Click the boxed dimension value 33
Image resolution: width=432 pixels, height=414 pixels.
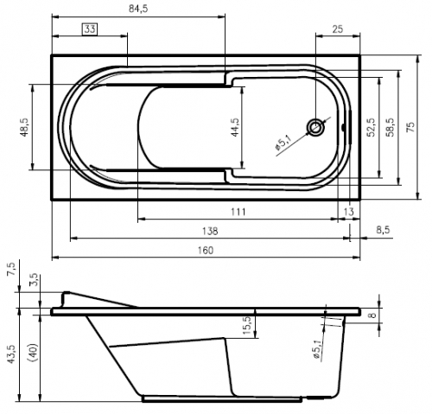point(90,29)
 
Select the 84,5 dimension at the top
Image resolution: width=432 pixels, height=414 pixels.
point(138,9)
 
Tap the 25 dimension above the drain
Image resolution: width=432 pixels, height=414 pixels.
point(338,29)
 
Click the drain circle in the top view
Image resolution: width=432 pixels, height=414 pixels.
point(316,127)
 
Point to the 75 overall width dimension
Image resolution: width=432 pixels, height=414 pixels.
point(410,127)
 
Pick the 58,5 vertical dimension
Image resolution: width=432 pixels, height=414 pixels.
point(391,127)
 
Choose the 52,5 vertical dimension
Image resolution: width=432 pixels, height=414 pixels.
point(371,127)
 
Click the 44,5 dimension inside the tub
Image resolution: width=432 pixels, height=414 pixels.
point(235,127)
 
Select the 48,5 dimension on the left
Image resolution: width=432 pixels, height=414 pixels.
point(24,127)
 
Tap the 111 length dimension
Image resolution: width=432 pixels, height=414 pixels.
point(238,212)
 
